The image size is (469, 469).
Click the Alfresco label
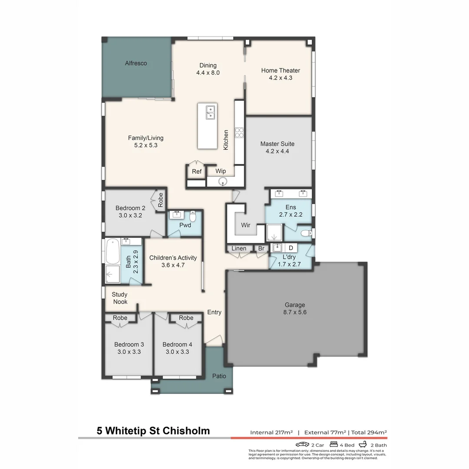[x=136, y=63]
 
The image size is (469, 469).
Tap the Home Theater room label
[x=281, y=70]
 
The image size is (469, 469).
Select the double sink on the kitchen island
[x=210, y=112]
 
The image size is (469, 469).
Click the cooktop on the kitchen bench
[x=239, y=132]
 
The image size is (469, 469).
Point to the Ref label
[x=197, y=172]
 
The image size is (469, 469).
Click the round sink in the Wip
[x=223, y=182]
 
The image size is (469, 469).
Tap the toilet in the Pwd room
[x=193, y=216]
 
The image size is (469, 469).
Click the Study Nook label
[x=120, y=298]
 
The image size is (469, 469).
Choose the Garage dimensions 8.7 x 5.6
[x=294, y=312]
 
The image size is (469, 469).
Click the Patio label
[x=219, y=376]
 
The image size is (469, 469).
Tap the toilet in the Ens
[x=307, y=233]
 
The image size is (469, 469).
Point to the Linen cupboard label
[x=239, y=248]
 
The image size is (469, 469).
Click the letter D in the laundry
[x=291, y=248]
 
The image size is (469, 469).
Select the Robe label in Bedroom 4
[x=186, y=318]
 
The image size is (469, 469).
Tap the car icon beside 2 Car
[x=302, y=445]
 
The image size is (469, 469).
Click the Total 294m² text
[x=369, y=433]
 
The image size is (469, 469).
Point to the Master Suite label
[x=277, y=144]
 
